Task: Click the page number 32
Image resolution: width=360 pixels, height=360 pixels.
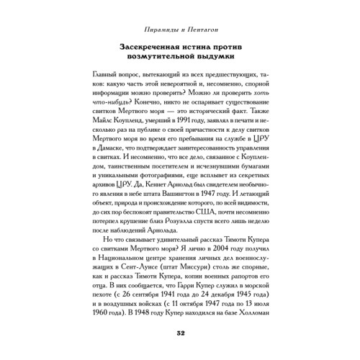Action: [x=180, y=332]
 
